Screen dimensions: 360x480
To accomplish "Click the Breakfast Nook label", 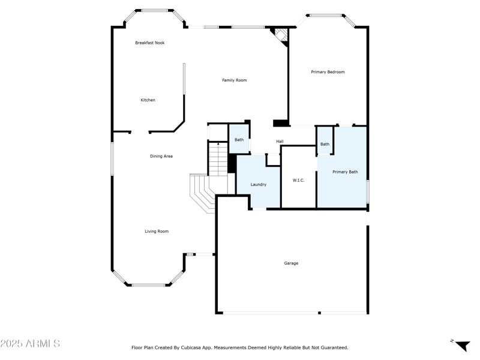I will pyautogui.click(x=149, y=43).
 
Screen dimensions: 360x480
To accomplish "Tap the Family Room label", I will pyautogui.click(x=234, y=80).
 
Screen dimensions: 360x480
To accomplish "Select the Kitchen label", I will pyautogui.click(x=148, y=100).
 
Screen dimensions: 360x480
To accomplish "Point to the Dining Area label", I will pyautogui.click(x=161, y=156).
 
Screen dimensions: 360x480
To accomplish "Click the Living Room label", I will pyautogui.click(x=156, y=231).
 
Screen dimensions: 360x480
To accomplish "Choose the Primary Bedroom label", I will pyautogui.click(x=328, y=72).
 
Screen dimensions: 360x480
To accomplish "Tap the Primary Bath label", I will pyautogui.click(x=345, y=172).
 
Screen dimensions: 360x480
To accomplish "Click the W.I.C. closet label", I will pyautogui.click(x=299, y=180).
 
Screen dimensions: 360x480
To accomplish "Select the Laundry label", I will pyautogui.click(x=258, y=184).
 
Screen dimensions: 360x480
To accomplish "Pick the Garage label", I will pyautogui.click(x=291, y=263).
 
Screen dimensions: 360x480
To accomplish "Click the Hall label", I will pyautogui.click(x=280, y=142).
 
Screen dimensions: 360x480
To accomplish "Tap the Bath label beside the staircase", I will pyautogui.click(x=239, y=140).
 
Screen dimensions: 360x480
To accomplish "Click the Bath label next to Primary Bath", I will pyautogui.click(x=325, y=144).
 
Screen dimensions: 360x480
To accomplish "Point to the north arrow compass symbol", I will pyautogui.click(x=461, y=345).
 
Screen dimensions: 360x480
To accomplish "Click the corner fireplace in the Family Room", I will pyautogui.click(x=280, y=35).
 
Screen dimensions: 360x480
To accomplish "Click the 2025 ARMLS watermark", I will pyautogui.click(x=30, y=344).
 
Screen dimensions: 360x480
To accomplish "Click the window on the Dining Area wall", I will pyautogui.click(x=112, y=158).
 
